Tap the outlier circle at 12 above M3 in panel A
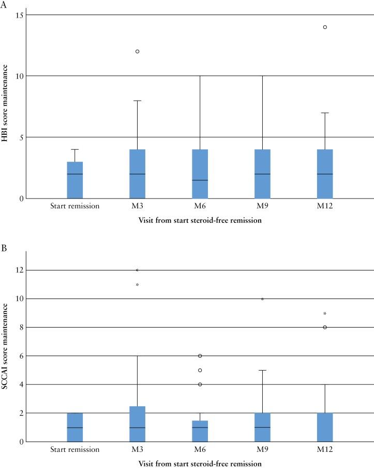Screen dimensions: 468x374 point(137,51)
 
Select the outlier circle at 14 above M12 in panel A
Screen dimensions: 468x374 point(325,27)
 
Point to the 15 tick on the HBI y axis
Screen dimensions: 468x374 point(19,15)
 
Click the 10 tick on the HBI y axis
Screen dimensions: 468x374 point(19,76)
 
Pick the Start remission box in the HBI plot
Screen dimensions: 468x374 point(74,180)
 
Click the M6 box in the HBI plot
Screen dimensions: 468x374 point(200,174)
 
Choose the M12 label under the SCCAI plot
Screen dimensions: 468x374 point(325,449)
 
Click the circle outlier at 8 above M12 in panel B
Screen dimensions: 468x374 point(325,327)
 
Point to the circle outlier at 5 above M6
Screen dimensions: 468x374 point(200,370)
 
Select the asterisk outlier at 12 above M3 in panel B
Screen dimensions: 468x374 point(137,270)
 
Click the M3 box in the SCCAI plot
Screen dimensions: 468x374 point(137,424)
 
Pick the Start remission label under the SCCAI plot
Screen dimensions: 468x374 point(74,449)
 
